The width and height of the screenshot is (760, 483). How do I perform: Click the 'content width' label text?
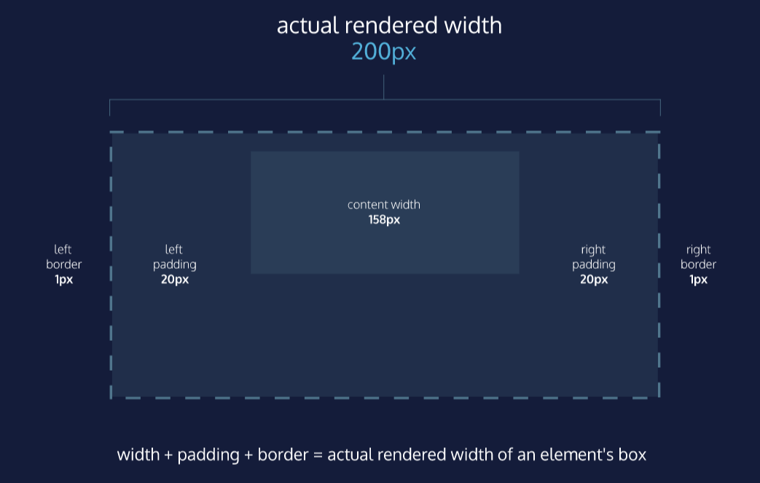click(x=384, y=205)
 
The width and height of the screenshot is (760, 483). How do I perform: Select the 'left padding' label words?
click(x=175, y=257)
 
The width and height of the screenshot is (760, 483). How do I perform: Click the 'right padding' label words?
click(x=593, y=257)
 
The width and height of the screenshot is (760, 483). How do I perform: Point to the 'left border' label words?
click(x=63, y=257)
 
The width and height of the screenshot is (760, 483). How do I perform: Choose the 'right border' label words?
click(x=698, y=257)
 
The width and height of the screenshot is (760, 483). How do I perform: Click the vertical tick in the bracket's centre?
click(x=384, y=87)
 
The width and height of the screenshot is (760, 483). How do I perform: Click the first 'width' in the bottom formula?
click(x=138, y=455)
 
